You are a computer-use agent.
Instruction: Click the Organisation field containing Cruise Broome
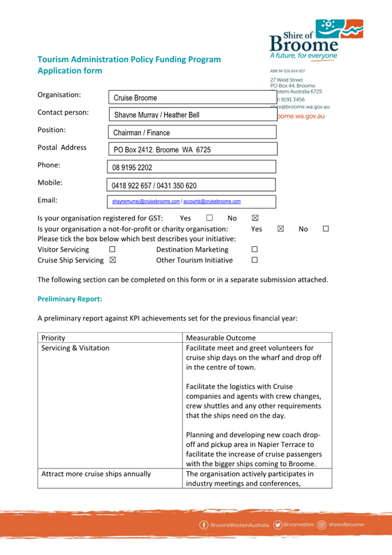tap(192, 97)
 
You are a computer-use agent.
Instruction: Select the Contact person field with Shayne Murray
tap(192, 115)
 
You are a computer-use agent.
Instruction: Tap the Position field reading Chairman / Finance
tap(192, 132)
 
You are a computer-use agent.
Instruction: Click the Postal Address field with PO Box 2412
tap(192, 150)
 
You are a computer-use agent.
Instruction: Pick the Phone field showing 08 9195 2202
tap(191, 168)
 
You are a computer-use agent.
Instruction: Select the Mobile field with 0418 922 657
tap(191, 186)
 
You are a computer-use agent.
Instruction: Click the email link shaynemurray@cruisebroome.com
tap(146, 202)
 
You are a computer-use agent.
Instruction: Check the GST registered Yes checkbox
tap(210, 218)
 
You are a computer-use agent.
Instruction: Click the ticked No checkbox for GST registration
tap(255, 218)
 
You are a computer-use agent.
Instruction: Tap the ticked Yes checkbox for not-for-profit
tap(280, 229)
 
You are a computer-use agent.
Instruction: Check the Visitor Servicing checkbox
tap(112, 249)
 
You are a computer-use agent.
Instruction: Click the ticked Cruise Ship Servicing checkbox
tap(112, 260)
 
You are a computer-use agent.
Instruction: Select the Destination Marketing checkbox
tap(255, 249)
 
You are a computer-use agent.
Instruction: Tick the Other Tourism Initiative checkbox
tap(255, 260)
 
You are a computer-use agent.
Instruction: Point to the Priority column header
tap(53, 338)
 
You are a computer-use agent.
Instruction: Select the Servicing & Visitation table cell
tap(75, 348)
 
